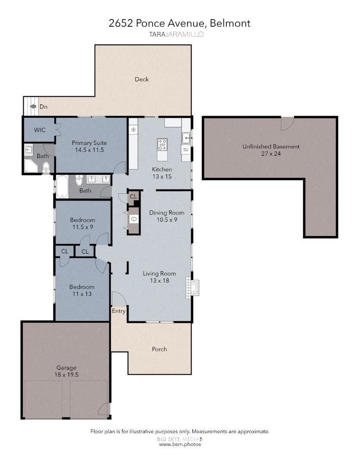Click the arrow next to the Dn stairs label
pos(32,107)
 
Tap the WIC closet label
pos(40,129)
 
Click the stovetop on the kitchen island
pos(163,144)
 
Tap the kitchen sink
pos(186,138)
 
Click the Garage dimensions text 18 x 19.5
pos(67,375)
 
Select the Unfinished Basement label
pos(271,147)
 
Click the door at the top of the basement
pos(286,123)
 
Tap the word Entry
pos(119,311)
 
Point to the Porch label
pos(159,349)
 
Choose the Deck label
pos(141,79)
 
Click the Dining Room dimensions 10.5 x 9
pos(166,220)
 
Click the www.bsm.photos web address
pos(180,444)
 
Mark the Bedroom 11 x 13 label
pos(81,290)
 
